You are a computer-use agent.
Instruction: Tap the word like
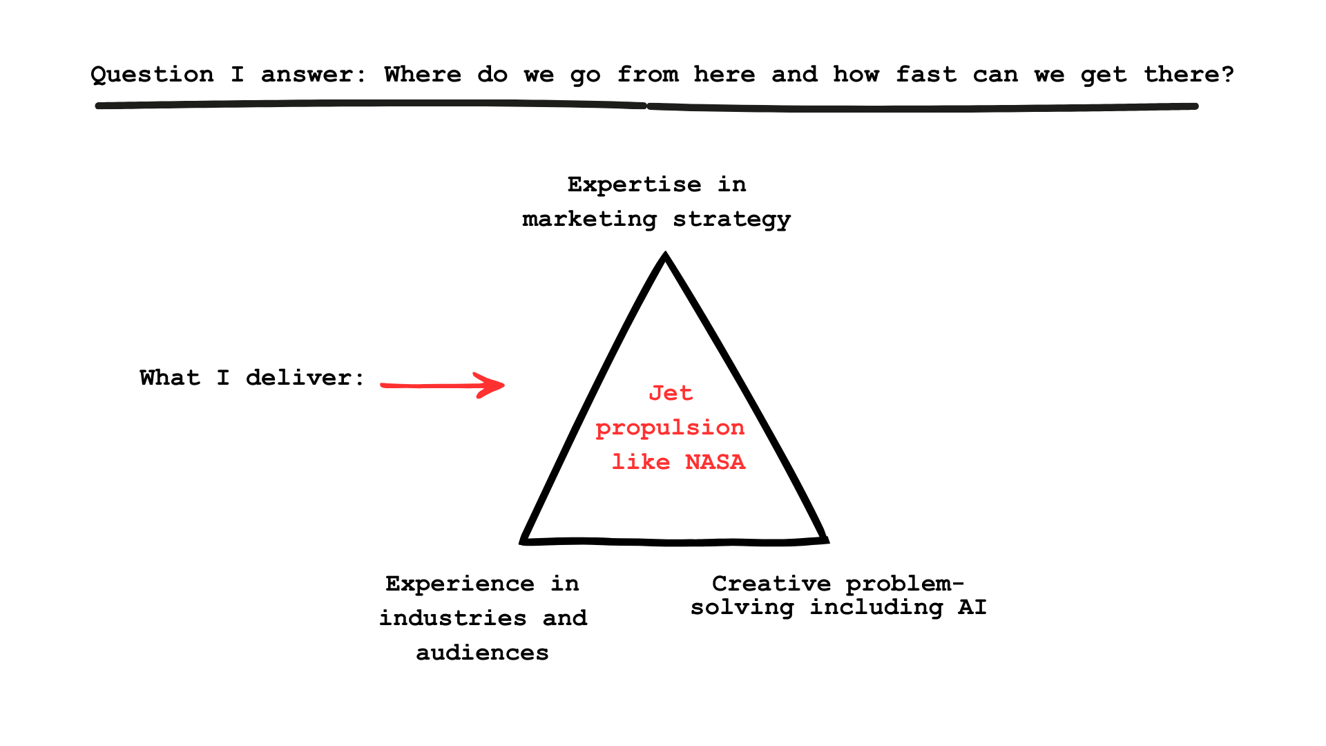(640, 461)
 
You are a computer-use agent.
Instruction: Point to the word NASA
(715, 461)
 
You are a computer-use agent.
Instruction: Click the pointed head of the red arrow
(502, 385)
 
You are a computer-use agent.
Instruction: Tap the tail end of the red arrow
(383, 385)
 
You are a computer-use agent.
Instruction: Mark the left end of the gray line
(98, 106)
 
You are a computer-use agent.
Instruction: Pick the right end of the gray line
(1195, 106)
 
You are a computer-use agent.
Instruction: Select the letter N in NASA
(693, 461)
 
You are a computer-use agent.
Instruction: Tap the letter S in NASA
(722, 461)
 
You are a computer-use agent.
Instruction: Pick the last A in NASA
(738, 461)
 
